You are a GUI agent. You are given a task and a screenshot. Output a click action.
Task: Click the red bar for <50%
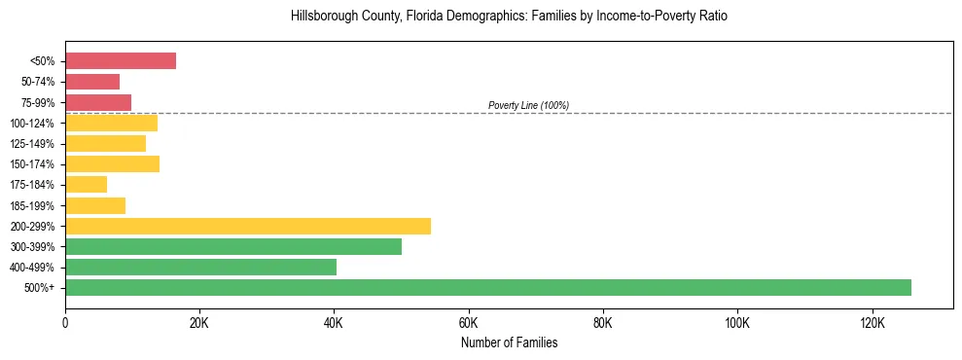tap(121, 61)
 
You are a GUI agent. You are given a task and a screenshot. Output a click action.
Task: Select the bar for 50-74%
tap(92, 82)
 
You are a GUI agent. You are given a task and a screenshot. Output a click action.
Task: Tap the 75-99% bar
tap(98, 102)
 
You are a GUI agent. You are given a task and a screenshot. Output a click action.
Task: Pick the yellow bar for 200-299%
tap(248, 226)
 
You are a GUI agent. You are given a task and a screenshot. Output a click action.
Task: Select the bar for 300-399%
tap(233, 246)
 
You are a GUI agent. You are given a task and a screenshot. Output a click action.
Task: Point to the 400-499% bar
tap(200, 267)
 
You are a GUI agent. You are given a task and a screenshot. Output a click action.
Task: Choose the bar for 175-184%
tap(86, 185)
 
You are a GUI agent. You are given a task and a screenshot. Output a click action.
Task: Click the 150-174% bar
tap(112, 163)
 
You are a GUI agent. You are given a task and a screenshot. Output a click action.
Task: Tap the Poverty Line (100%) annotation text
tap(528, 105)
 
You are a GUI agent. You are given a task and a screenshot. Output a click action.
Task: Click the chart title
tap(509, 17)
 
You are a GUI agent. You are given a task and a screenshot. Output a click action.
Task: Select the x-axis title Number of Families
tap(509, 342)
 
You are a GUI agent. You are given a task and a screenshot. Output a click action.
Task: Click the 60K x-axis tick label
tap(468, 322)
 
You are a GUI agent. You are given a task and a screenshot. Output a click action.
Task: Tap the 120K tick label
tap(872, 322)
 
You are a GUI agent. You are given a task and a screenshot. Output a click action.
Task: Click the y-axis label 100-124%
tap(32, 124)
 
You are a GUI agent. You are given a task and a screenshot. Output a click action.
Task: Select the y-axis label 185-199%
tap(32, 205)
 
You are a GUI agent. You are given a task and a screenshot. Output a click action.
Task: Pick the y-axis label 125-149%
tap(32, 144)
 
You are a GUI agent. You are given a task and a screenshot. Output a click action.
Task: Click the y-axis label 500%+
tap(39, 288)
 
